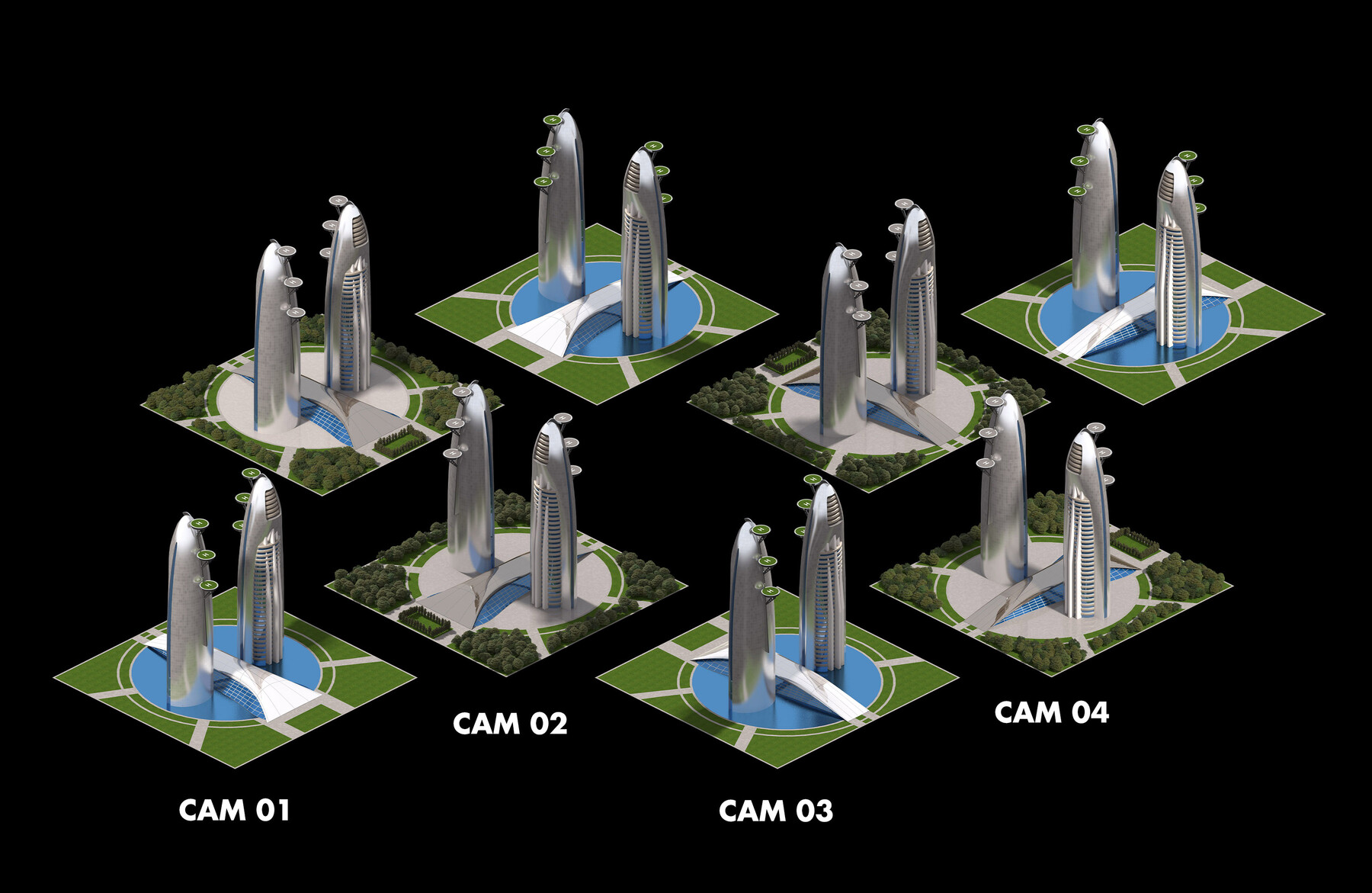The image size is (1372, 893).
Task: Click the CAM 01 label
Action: coord(234,810)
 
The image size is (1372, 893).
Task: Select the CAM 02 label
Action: coord(510,723)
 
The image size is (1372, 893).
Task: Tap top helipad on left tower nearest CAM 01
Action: coord(200,523)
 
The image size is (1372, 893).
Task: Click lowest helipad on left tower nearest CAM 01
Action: coord(207,584)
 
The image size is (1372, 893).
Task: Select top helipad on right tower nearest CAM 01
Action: coord(250,473)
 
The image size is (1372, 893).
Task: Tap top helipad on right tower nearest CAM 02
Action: coord(563,418)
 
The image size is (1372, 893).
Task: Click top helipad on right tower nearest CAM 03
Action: coord(813,479)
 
